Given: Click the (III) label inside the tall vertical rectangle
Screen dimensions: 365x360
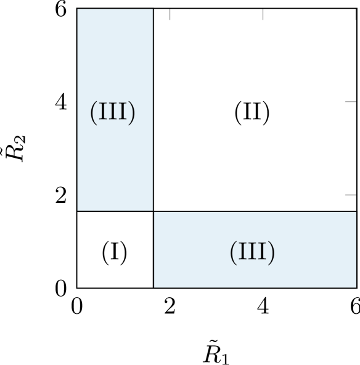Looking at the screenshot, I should [x=113, y=112].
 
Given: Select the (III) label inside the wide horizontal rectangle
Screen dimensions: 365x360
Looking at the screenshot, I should [x=252, y=252].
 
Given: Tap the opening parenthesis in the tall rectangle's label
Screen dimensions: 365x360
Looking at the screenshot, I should [x=93, y=112].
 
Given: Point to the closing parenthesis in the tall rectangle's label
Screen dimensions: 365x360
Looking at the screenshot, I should [x=132, y=112].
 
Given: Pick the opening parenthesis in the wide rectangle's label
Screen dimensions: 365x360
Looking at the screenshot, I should [x=233, y=252].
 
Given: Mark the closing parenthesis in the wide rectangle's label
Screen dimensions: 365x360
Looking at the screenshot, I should [x=272, y=252].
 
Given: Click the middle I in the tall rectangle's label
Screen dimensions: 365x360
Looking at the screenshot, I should [x=113, y=112].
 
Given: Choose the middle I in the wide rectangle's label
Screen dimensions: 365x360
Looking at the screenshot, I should [x=252, y=252].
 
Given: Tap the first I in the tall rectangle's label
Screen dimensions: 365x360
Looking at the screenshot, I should [x=103, y=112].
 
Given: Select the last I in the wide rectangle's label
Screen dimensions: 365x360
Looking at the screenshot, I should [x=262, y=252].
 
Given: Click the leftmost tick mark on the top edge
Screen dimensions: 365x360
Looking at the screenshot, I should [x=170, y=14].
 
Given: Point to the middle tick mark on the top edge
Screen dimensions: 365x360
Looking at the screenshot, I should [x=263, y=14].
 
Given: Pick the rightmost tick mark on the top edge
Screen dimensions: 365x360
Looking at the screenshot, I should [x=356, y=14].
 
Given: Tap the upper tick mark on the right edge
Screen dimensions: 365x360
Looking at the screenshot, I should [x=350, y=101].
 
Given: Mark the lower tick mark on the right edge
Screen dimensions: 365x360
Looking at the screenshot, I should [x=350, y=194].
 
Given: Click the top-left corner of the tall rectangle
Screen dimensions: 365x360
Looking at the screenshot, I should [x=78, y=9].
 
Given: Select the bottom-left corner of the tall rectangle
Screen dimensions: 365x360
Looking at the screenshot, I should [x=78, y=210].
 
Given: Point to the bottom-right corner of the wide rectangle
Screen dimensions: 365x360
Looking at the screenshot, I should [x=356, y=287].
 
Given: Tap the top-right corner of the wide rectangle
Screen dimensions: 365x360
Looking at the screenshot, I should [x=356, y=212].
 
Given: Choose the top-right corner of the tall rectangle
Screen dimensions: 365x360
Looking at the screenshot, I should [x=152, y=9].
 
